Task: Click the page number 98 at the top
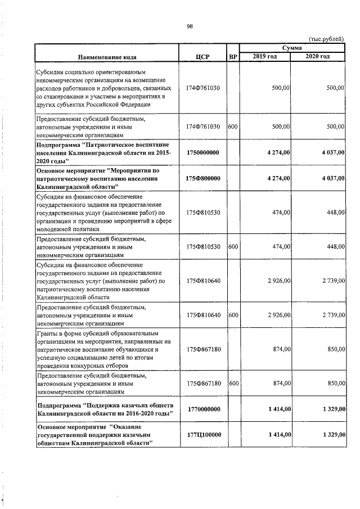[190, 25]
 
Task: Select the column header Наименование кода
[107, 57]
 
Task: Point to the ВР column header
[233, 57]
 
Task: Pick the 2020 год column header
[318, 57]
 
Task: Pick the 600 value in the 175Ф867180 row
[233, 383]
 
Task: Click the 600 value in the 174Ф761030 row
[233, 127]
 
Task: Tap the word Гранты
[49, 334]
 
